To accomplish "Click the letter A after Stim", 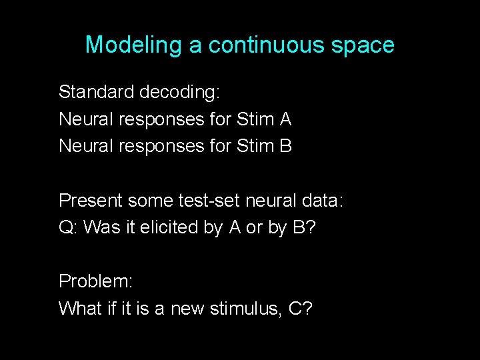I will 285,119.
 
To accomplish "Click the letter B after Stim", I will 285,146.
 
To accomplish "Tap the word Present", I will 90,200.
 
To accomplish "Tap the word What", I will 78,309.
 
